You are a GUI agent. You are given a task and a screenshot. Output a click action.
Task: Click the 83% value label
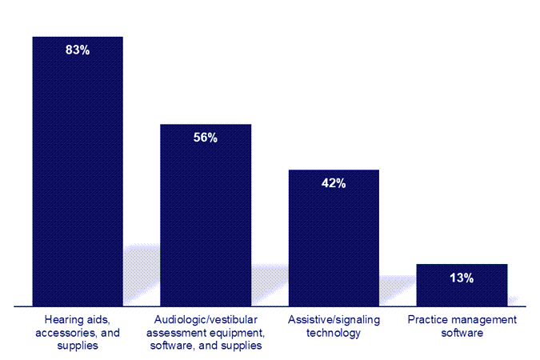78,50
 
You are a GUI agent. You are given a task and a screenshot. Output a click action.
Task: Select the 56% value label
206,138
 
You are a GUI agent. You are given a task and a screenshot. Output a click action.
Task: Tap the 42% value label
334,183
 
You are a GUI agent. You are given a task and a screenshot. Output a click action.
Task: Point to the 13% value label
462,278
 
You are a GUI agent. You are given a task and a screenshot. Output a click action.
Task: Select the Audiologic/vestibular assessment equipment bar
206,224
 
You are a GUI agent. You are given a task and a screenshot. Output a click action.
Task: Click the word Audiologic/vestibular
206,320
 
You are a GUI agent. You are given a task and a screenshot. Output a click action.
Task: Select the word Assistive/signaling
334,320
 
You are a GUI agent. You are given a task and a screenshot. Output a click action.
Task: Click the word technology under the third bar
334,333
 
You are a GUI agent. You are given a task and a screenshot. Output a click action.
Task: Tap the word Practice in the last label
426,320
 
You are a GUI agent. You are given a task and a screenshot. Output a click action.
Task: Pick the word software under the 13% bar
462,333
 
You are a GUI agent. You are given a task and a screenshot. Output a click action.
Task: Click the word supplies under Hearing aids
78,346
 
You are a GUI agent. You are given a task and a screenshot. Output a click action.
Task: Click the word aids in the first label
97,320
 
